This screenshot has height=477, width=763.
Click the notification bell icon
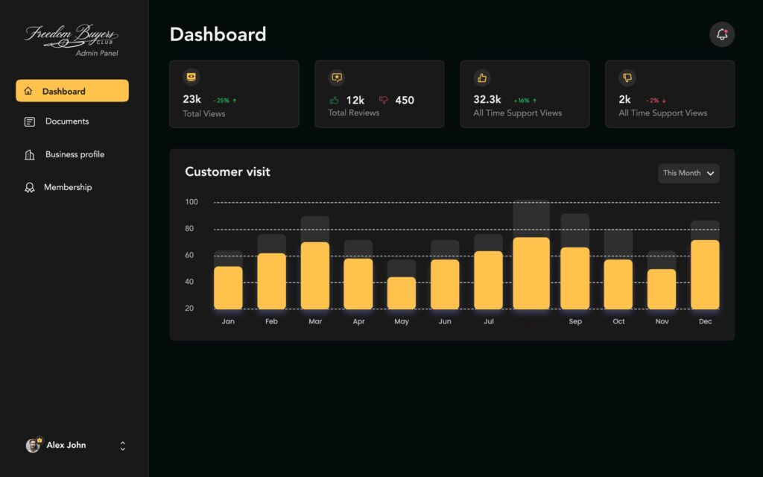[x=722, y=34]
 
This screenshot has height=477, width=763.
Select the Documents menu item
[x=66, y=121]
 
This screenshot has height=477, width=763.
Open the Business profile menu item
[x=74, y=154]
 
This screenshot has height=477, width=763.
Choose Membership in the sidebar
[x=67, y=187]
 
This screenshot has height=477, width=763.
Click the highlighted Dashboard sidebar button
[x=72, y=91]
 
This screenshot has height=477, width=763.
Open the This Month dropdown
[x=688, y=173]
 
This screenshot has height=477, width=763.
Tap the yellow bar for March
[x=315, y=275]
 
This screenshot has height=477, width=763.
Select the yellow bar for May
[x=402, y=293]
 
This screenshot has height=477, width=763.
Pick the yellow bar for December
[x=705, y=274]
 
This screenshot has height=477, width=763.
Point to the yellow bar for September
[x=575, y=278]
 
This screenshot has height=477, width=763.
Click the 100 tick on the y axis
[x=191, y=202]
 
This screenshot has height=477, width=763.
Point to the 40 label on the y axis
[x=189, y=282]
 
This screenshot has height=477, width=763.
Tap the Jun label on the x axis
[x=445, y=321]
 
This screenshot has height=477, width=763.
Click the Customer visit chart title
[x=227, y=171]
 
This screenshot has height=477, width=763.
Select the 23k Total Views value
[x=191, y=99]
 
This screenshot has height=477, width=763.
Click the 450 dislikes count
[x=405, y=100]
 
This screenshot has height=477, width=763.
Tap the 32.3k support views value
[x=487, y=99]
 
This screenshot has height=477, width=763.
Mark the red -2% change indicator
[x=656, y=100]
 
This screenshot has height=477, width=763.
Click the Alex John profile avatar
[x=34, y=445]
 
